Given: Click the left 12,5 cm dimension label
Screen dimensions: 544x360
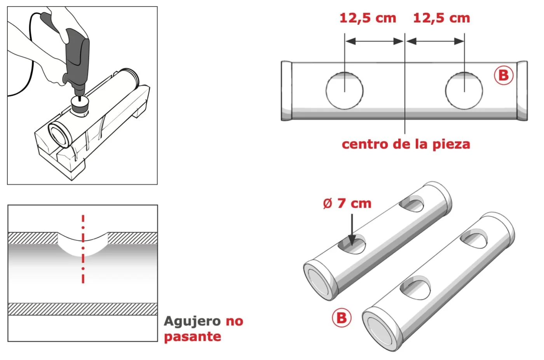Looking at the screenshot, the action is [x=368, y=18].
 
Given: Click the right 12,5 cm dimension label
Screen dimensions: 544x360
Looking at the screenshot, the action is [x=441, y=18].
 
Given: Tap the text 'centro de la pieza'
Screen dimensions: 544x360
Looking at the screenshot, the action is [x=406, y=144].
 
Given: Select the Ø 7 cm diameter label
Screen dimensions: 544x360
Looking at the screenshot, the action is [x=347, y=203].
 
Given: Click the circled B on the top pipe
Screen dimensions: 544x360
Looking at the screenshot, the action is [x=504, y=75].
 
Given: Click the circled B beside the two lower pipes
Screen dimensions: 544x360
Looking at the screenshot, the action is [x=342, y=318].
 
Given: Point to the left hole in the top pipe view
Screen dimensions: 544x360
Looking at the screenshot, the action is [x=344, y=90].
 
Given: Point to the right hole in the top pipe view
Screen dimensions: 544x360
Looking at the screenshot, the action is [x=464, y=90].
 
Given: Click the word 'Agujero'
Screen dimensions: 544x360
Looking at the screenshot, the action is [x=192, y=322].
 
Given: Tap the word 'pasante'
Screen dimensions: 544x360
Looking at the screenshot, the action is [x=193, y=337].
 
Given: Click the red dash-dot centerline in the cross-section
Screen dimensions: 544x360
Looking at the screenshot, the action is [x=83, y=249].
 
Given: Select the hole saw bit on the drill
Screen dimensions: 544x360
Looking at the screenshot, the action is [x=80, y=104].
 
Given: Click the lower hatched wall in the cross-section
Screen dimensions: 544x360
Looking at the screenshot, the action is [x=82, y=309].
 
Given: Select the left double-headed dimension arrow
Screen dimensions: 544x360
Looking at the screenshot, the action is [x=375, y=41].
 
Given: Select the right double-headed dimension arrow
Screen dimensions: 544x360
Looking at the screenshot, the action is [x=435, y=41].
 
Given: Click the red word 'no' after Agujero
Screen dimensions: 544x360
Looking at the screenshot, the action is [x=234, y=322].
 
